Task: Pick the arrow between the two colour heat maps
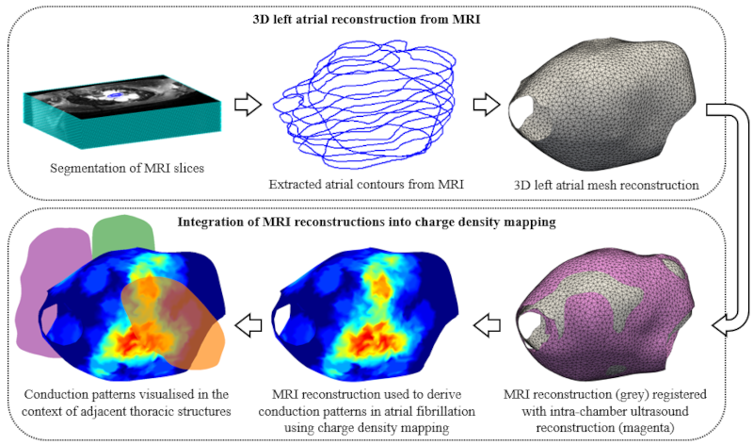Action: [x=250, y=326]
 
